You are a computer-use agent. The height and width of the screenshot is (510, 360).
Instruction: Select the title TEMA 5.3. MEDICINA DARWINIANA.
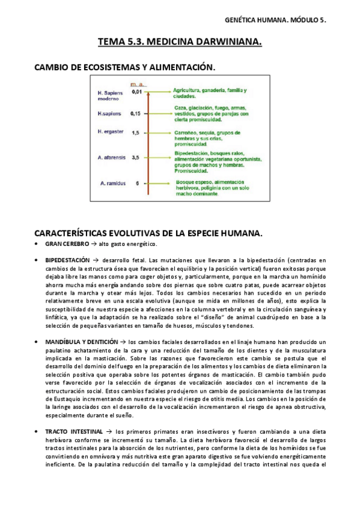[180, 43]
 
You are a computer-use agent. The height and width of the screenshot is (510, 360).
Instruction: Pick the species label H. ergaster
[110, 132]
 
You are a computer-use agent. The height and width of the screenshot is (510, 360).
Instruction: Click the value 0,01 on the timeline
[136, 92]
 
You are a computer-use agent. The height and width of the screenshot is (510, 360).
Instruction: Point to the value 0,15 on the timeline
[136, 113]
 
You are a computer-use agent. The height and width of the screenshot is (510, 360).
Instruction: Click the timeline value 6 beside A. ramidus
[138, 183]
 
